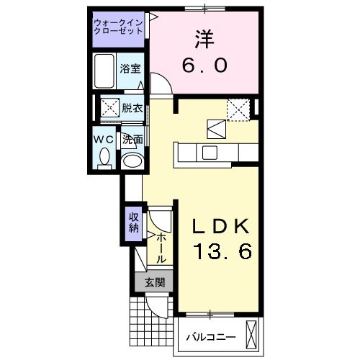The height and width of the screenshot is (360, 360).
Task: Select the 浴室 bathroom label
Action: coord(130,70)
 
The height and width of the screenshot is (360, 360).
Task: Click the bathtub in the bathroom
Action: coord(105,70)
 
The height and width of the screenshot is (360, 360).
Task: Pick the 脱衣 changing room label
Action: coord(131,109)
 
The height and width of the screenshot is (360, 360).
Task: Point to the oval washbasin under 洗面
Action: coord(131,160)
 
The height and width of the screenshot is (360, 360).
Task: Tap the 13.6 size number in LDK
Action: coord(220,252)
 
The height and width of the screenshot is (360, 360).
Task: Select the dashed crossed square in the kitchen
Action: coord(238,109)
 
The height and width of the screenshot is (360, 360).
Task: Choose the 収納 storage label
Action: coord(133,222)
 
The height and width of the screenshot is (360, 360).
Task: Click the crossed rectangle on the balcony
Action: coord(251,334)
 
